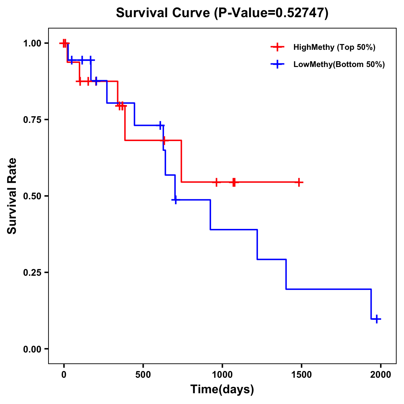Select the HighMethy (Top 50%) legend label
[x=334, y=47]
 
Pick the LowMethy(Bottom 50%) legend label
[x=339, y=64]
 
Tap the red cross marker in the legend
[x=277, y=47]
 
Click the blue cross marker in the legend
[x=277, y=64]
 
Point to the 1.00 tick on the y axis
[x=32, y=43]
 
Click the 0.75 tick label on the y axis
[x=32, y=120]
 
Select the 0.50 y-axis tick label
[x=32, y=196]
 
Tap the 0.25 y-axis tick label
[x=32, y=272]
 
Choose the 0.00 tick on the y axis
[x=32, y=349]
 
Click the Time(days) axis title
[x=222, y=390]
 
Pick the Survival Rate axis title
[x=12, y=196]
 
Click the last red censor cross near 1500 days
[x=298, y=182]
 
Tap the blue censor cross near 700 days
[x=175, y=200]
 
